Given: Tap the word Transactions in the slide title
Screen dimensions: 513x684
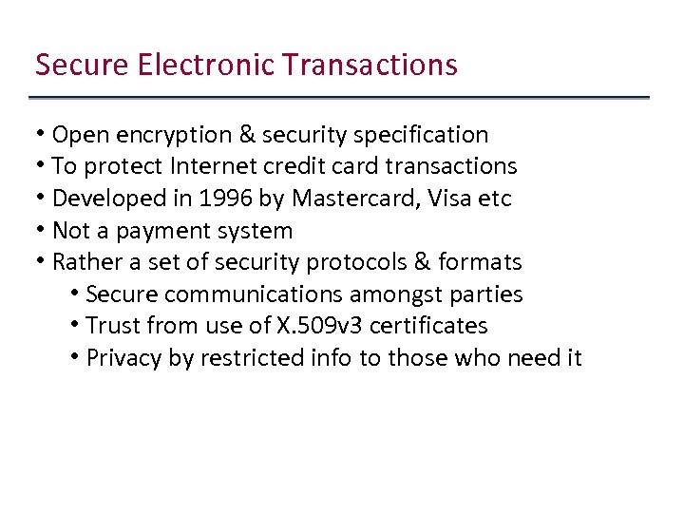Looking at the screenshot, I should click(x=370, y=65).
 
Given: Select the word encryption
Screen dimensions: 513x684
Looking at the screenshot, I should click(x=166, y=135).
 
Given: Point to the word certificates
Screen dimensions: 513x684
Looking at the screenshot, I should click(x=428, y=326).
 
